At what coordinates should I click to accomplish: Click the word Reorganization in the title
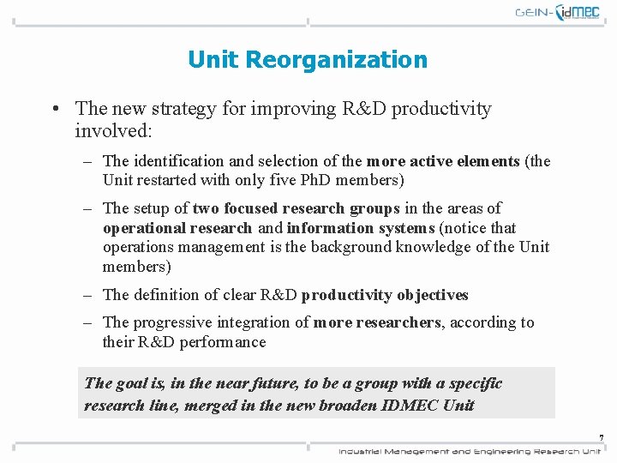336,60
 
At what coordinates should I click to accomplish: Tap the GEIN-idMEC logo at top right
557,13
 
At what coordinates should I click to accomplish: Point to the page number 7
602,438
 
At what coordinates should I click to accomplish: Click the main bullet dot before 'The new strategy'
54,110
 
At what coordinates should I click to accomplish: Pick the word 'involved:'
113,131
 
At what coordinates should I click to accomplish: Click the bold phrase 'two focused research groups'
297,208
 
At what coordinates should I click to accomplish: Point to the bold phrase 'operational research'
177,228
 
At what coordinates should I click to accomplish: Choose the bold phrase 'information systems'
361,228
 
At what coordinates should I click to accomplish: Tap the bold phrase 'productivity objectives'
385,295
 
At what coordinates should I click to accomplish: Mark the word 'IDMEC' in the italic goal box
414,406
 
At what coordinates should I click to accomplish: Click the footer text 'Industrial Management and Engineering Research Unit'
469,451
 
